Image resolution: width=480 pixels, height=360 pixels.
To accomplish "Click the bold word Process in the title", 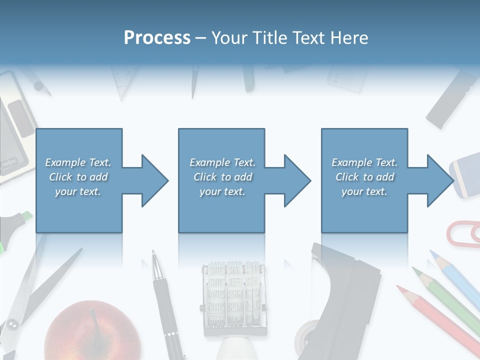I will pyautogui.click(x=157, y=38).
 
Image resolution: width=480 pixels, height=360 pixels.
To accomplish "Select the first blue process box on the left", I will pyautogui.click(x=78, y=180).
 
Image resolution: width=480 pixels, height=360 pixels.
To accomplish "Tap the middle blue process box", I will pyautogui.click(x=221, y=180).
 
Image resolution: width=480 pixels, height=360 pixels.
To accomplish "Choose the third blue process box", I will pyautogui.click(x=364, y=180).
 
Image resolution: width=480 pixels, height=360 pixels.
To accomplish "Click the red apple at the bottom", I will pyautogui.click(x=92, y=332).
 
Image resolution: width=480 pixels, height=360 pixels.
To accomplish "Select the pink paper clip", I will pyautogui.click(x=463, y=233).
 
